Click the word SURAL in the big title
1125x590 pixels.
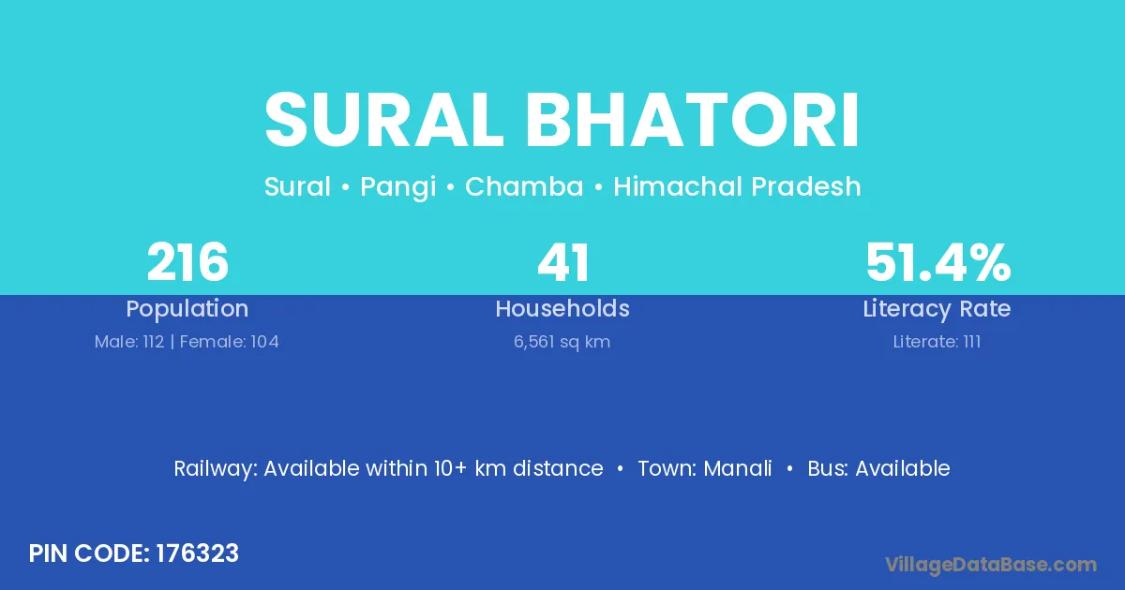click(x=384, y=120)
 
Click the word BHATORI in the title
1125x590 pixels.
click(x=693, y=120)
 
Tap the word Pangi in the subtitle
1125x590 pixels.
click(x=397, y=187)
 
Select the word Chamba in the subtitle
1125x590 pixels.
click(x=524, y=186)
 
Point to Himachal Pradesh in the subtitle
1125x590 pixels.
click(x=737, y=186)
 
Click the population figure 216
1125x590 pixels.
click(x=187, y=262)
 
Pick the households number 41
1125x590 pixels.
click(x=562, y=262)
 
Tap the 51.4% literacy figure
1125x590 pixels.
click(x=937, y=262)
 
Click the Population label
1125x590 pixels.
click(x=187, y=309)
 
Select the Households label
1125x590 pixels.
click(x=562, y=308)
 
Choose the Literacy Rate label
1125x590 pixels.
click(x=937, y=309)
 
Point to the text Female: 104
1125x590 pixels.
click(x=229, y=342)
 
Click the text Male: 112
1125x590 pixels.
click(x=129, y=342)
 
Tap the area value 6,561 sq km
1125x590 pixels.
click(x=562, y=342)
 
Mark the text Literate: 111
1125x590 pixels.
click(x=937, y=342)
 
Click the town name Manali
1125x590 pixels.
click(x=738, y=468)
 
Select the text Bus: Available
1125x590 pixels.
click(x=879, y=468)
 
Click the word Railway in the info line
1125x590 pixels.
click(x=216, y=469)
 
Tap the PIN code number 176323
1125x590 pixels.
click(x=198, y=553)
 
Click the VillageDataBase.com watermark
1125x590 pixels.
click(x=991, y=565)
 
